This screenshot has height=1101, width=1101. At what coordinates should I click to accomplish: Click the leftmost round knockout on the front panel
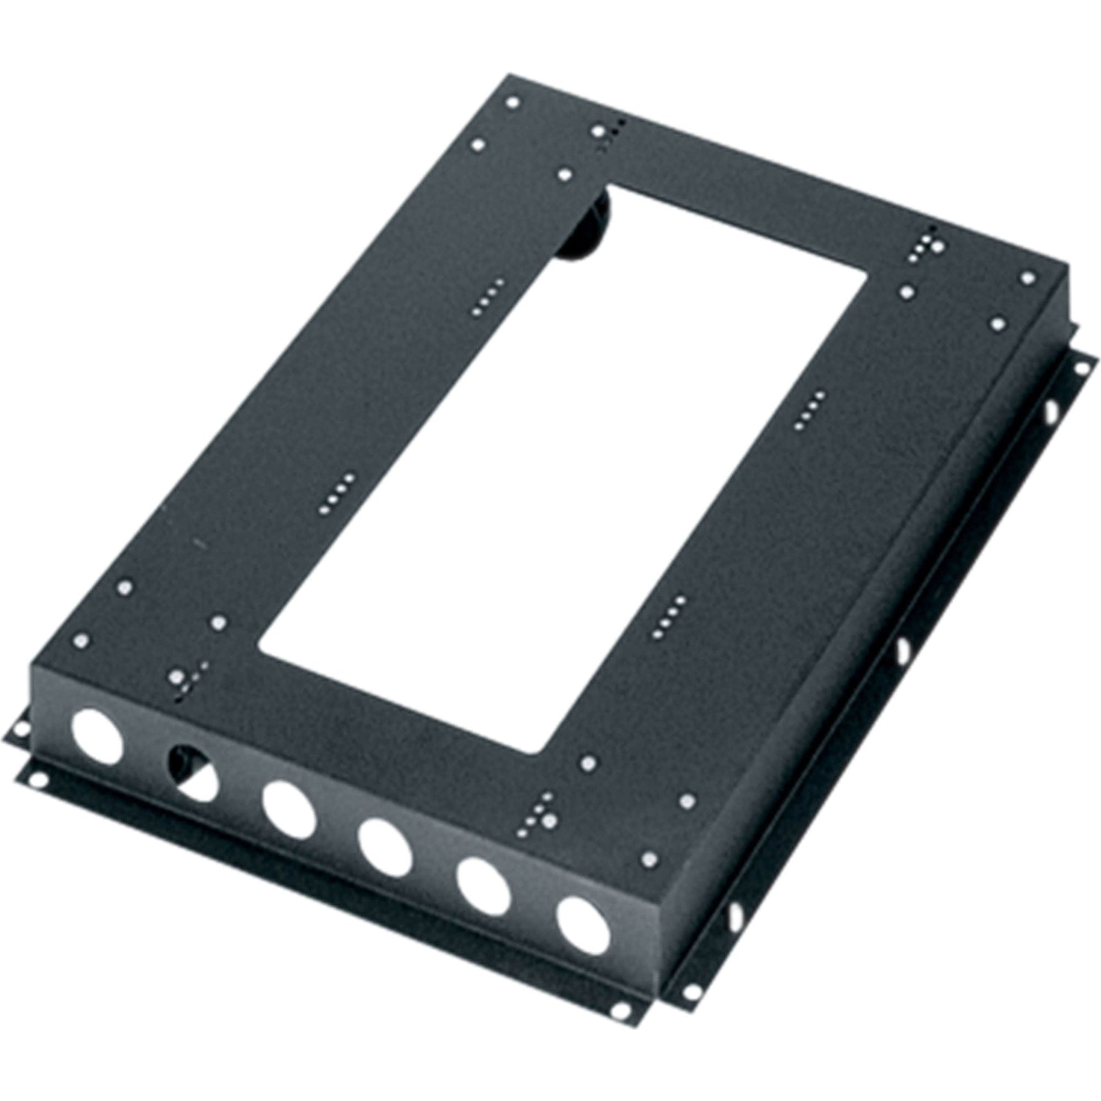coord(96,736)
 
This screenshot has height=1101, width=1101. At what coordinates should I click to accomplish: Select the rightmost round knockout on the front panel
coord(584,926)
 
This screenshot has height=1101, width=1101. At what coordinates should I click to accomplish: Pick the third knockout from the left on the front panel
coord(289,810)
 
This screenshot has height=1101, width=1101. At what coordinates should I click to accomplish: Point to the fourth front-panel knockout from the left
coord(385,847)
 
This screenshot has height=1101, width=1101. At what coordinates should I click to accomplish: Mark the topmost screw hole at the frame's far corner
coord(513,103)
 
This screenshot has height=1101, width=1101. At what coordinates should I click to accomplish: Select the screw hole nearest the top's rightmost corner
coord(1028,277)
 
